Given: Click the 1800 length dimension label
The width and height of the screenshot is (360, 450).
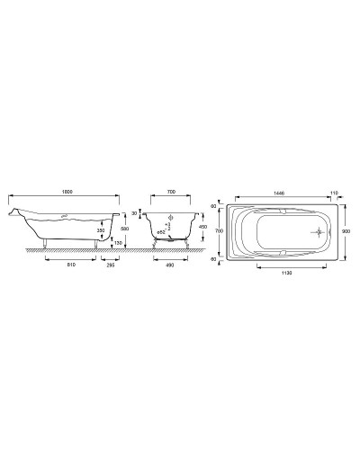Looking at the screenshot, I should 65,193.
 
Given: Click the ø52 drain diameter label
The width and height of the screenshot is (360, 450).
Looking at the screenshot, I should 163,232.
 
